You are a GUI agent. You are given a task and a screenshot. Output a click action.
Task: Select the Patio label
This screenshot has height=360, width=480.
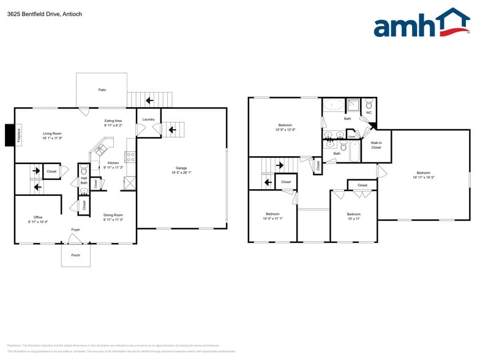click(x=102, y=90)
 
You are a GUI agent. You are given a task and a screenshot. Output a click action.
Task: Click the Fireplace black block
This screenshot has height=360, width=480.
click(x=9, y=135)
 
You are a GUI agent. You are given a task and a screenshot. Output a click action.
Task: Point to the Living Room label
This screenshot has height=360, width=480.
click(x=52, y=133)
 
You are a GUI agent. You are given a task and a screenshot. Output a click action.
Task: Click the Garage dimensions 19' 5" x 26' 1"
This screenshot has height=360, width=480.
click(x=181, y=173)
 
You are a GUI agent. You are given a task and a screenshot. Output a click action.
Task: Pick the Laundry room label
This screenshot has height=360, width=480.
click(x=148, y=119)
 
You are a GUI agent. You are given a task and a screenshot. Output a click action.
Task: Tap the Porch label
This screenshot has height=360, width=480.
click(x=75, y=255)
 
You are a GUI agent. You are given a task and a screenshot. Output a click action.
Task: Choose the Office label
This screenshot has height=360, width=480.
click(x=38, y=217)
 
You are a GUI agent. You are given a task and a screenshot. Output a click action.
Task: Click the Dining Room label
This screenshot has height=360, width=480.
click(x=113, y=215)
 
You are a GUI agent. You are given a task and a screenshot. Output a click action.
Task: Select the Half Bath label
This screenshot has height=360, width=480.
click(x=84, y=181)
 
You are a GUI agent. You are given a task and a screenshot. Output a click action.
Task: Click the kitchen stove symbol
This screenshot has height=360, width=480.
click(x=130, y=157)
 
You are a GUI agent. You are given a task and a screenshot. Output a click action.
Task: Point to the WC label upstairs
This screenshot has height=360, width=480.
click(x=369, y=113)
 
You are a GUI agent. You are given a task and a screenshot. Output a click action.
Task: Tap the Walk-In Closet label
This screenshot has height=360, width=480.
click(x=376, y=144)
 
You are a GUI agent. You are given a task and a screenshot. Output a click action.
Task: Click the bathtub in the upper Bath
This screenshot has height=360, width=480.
click(x=334, y=105)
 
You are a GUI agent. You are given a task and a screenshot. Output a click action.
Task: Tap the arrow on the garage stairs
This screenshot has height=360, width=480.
click(x=173, y=129)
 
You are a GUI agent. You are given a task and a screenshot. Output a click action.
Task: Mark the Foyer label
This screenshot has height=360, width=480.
click(x=75, y=230)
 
